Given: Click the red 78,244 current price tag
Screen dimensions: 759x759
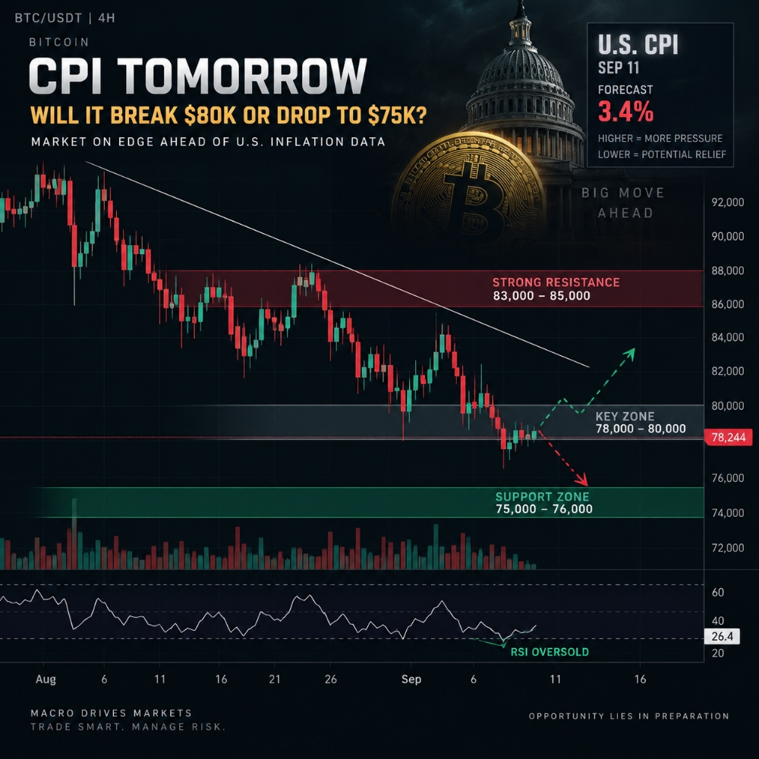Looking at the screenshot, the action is point(729,438).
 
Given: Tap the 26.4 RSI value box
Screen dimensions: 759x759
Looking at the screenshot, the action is point(722,636).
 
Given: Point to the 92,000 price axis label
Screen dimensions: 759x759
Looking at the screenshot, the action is point(728,203).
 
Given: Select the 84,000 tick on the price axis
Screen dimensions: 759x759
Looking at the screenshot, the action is point(728,338).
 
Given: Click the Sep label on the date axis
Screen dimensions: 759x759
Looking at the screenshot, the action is point(411,679).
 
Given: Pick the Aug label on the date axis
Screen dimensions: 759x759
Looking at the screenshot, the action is point(46,679).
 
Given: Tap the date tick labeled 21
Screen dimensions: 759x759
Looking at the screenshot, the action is point(275,679).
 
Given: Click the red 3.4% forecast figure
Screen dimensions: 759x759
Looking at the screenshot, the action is point(625,112).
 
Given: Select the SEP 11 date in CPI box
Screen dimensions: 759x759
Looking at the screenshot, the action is point(618,68).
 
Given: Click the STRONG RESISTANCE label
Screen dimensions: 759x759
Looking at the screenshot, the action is point(556,282).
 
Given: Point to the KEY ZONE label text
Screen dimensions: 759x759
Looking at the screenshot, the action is point(625,416).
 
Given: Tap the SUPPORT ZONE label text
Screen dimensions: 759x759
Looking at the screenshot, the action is point(542,496).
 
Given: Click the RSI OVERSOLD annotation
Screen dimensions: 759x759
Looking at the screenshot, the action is point(550,652).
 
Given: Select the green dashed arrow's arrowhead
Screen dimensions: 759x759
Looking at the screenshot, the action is point(629,353).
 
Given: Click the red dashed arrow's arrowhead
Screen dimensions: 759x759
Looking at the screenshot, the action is point(582,480).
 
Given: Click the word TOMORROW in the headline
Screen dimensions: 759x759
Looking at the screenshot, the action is point(242,76).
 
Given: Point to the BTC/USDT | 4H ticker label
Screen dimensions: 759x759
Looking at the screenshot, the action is point(65,18).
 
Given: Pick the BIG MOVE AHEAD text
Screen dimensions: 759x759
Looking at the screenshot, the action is point(623,203).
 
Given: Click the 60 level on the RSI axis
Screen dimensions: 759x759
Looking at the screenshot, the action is point(718,593).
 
